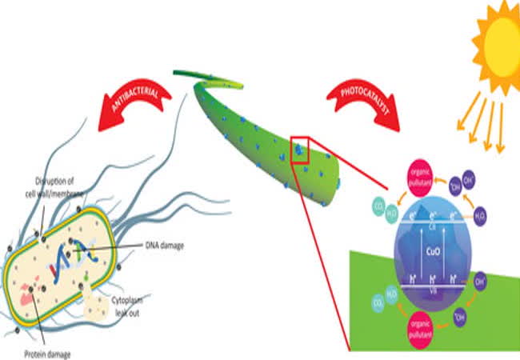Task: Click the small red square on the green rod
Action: coord(299,150)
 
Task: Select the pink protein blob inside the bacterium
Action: coord(28,297)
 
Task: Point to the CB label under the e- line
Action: coord(432,226)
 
